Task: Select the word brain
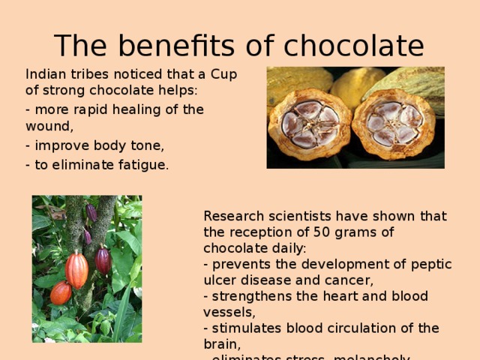tap(220, 343)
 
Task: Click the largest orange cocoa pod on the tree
tap(77, 270)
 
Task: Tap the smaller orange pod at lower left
tap(61, 292)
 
